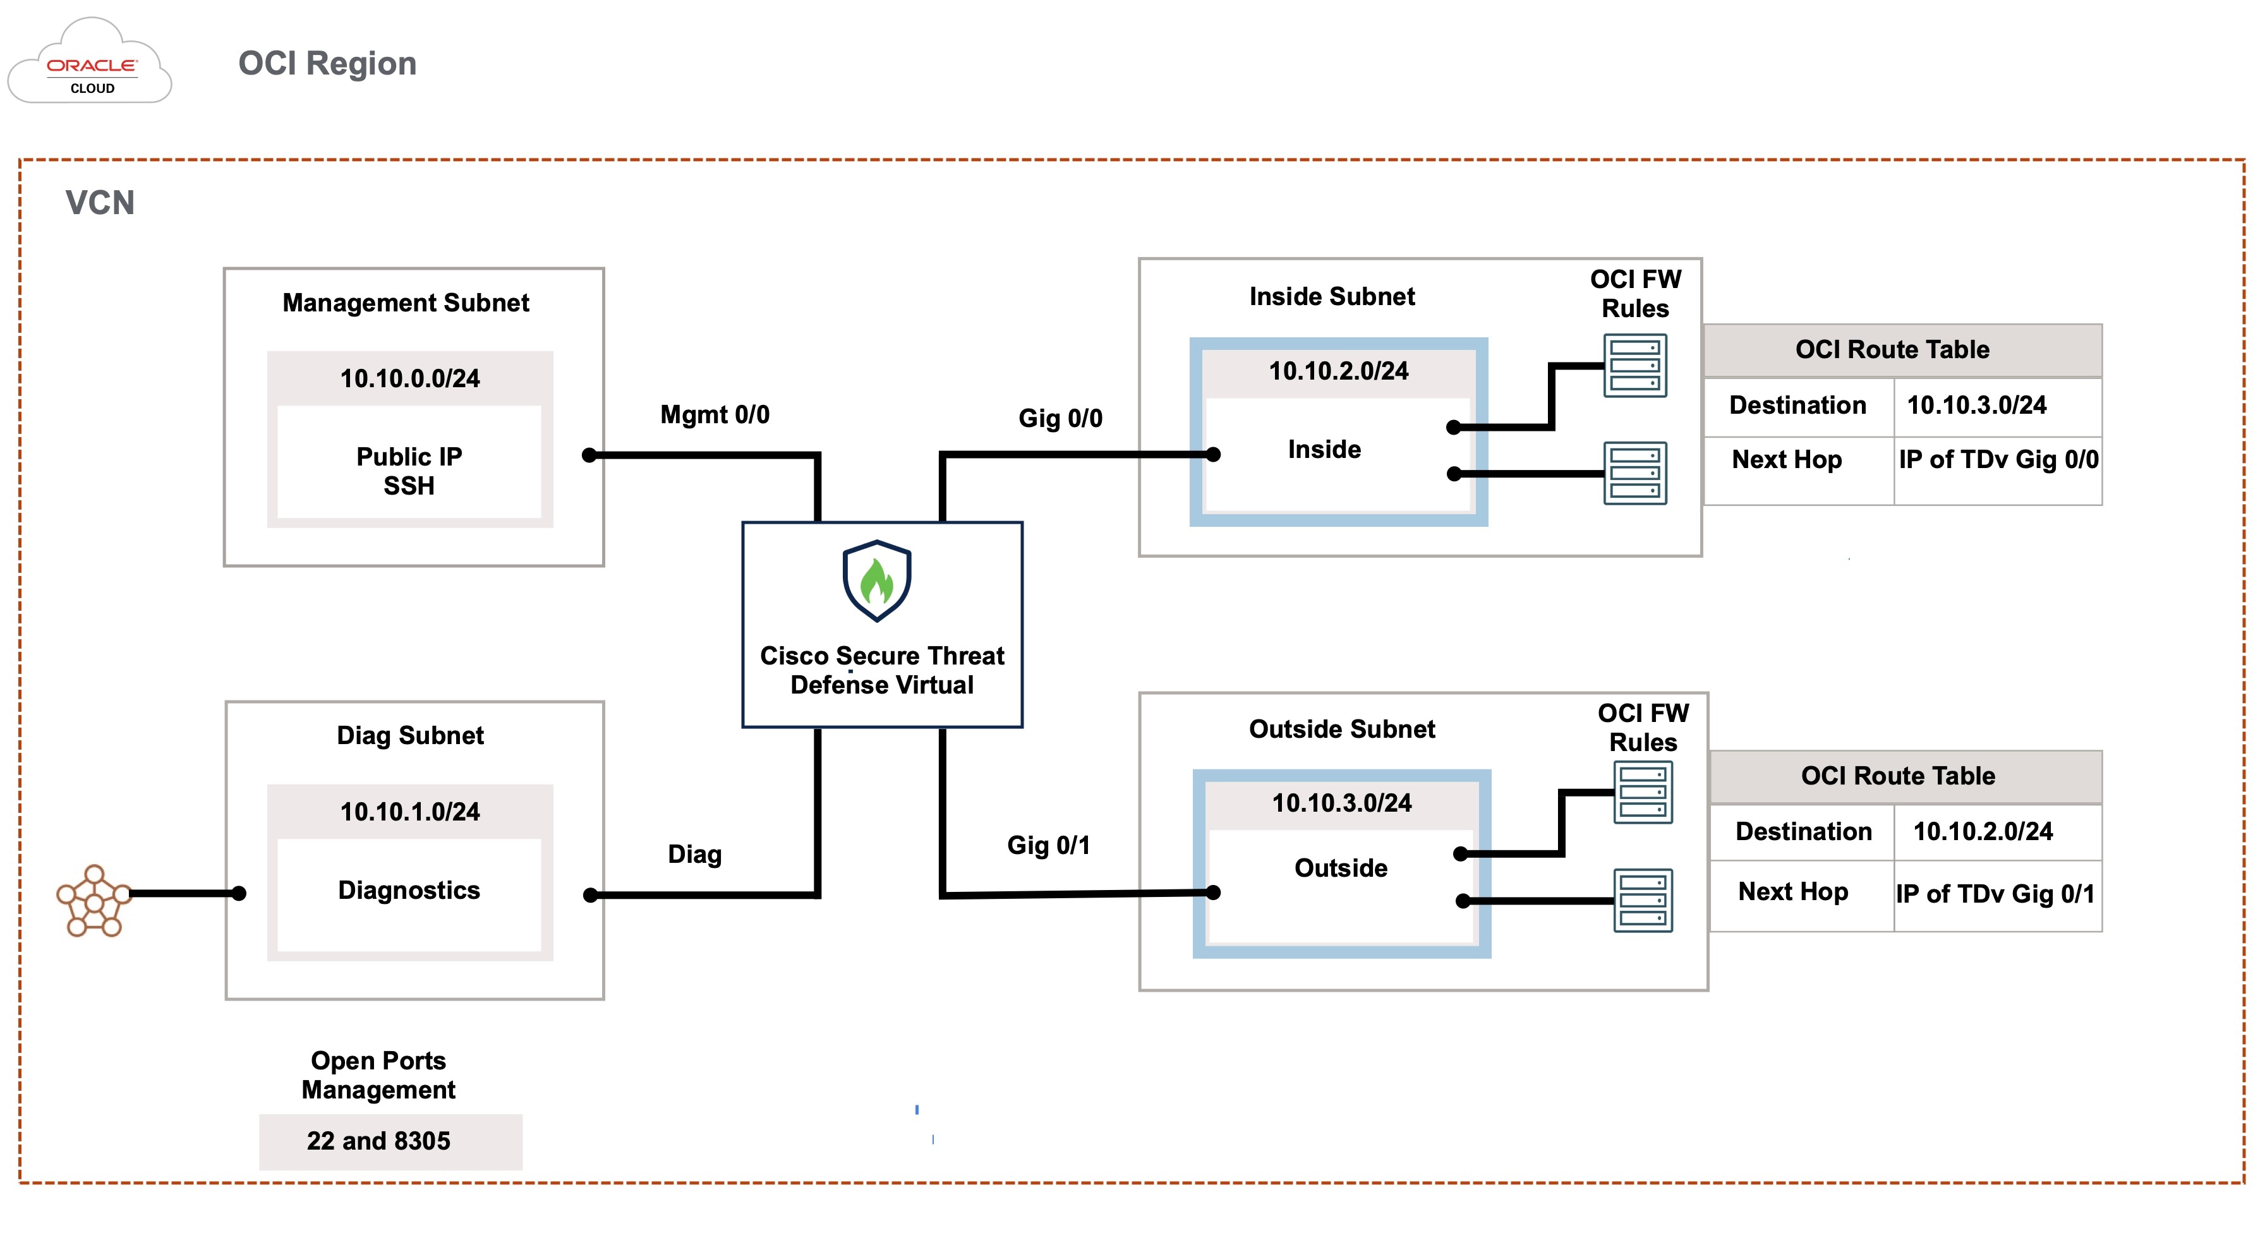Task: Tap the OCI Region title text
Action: pos(327,63)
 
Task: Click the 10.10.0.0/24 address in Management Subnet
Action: pos(410,379)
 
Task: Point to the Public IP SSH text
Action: pos(409,471)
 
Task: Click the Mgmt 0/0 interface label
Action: pos(715,415)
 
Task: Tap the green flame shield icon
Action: pos(877,581)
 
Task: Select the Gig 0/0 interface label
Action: pos(1060,418)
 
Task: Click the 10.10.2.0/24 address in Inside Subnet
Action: pos(1338,371)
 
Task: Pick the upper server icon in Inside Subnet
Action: pos(1634,366)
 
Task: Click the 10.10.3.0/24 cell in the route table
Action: pos(1977,405)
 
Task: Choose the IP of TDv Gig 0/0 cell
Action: pos(1998,460)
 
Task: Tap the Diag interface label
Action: pos(694,854)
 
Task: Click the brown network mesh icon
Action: pos(94,901)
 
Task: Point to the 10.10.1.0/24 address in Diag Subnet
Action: pos(410,812)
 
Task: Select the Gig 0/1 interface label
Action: pos(1048,845)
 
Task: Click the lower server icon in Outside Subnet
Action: pos(1643,901)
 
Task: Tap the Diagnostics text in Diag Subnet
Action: pos(409,890)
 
